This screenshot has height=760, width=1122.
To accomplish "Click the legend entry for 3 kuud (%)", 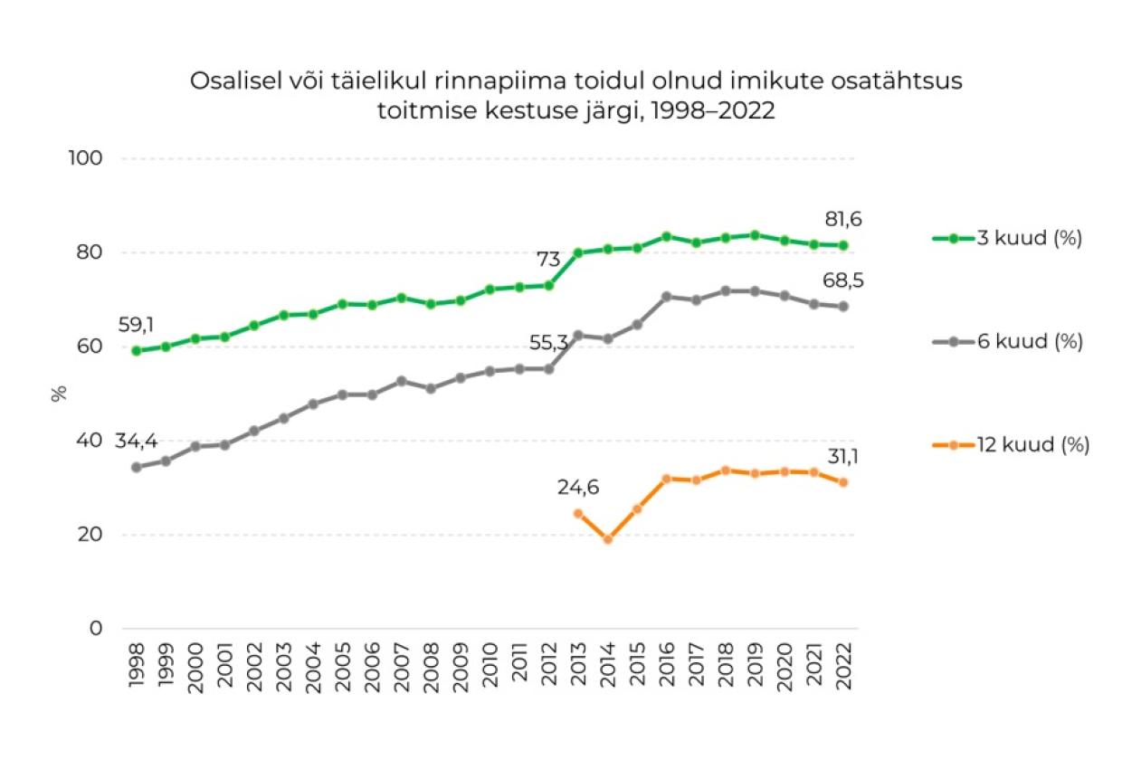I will click(x=1007, y=239).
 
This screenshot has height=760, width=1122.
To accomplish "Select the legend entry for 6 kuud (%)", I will click(x=1007, y=342).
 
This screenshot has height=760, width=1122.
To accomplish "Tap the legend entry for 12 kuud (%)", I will click(x=1011, y=445).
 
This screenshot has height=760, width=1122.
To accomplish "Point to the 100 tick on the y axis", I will click(x=87, y=158).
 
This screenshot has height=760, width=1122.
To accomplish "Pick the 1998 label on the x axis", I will click(x=137, y=668).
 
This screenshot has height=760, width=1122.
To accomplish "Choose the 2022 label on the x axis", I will click(x=844, y=668).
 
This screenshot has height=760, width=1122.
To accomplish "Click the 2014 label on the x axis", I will click(x=608, y=668).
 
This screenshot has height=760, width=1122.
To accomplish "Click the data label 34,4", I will click(x=137, y=442).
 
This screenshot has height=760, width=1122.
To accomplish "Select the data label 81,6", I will click(x=843, y=220).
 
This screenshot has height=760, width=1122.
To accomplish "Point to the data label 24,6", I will click(x=578, y=489).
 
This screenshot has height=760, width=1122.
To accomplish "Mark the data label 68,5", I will click(x=843, y=280).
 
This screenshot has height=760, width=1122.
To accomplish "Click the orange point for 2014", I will click(x=608, y=539).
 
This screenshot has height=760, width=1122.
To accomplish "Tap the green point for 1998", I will click(x=137, y=351).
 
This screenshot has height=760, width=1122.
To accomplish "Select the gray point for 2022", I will click(x=843, y=307).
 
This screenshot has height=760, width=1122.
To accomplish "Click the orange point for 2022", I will click(x=843, y=482).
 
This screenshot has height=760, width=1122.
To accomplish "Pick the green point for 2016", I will click(x=667, y=236).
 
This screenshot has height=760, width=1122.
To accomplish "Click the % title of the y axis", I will click(x=60, y=394).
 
